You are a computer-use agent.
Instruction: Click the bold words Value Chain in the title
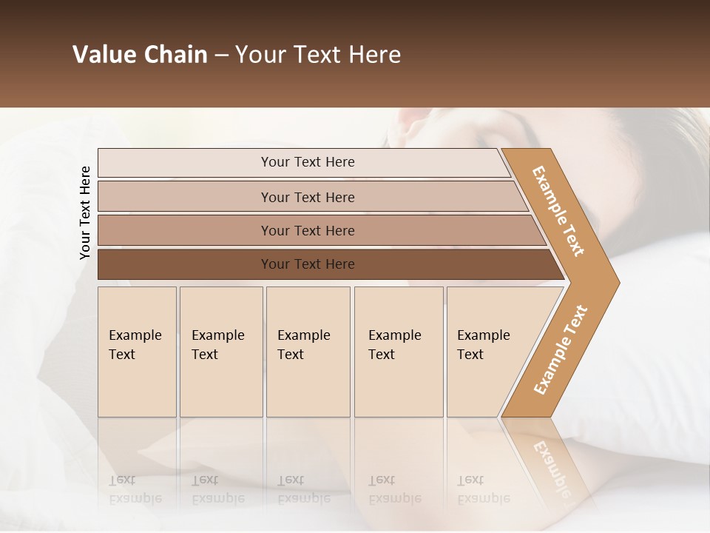click(x=140, y=55)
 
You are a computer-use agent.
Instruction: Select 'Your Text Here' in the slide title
click(x=318, y=55)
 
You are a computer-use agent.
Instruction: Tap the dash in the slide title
click(x=221, y=56)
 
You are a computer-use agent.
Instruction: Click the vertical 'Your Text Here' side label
click(x=85, y=212)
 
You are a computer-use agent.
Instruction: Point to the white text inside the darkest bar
click(x=308, y=264)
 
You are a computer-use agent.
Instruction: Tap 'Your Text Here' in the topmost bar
click(x=308, y=162)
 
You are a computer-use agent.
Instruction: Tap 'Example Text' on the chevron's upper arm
click(x=558, y=211)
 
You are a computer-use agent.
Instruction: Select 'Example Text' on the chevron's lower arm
click(x=561, y=350)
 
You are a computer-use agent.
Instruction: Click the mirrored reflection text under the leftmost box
click(x=135, y=489)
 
